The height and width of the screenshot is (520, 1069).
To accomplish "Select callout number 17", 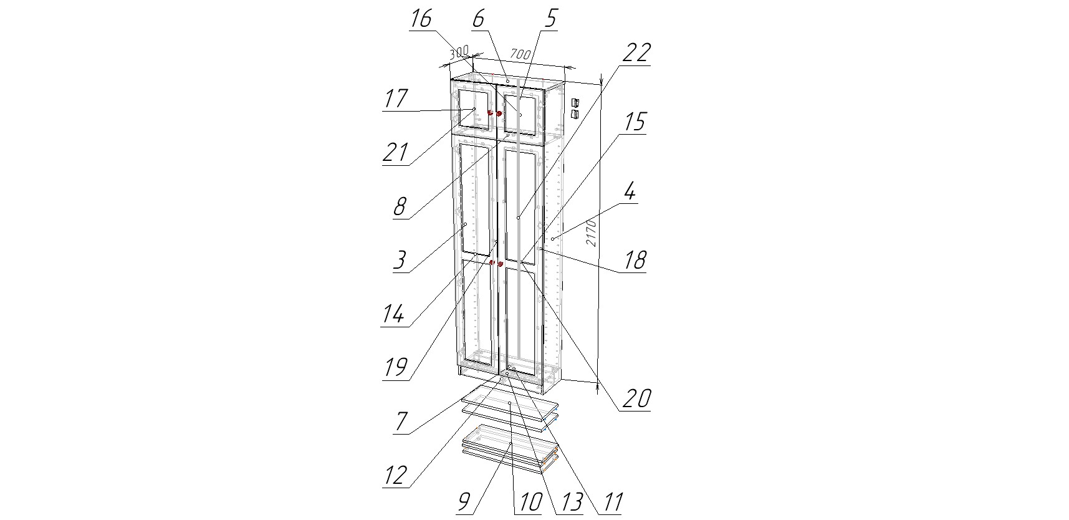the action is tap(396, 99).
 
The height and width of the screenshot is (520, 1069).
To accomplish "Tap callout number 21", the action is tap(396, 152).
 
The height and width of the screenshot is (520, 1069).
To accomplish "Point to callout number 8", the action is tap(400, 206).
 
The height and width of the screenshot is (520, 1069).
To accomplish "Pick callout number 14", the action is tap(393, 314).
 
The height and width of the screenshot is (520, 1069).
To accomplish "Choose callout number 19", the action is tap(396, 367).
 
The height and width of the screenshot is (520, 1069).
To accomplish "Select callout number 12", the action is tap(396, 475).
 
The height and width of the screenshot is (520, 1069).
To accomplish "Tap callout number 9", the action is tap(464, 502).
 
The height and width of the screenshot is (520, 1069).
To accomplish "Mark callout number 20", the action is tap(637, 398).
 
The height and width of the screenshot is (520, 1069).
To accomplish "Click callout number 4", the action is tap(630, 191).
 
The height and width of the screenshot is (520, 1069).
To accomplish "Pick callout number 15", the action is tap(633, 122).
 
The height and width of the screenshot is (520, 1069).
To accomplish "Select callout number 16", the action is tap(421, 19).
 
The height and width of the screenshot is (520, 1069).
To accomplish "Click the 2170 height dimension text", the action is tap(592, 232).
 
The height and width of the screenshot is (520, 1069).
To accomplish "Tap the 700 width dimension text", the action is tap(520, 54).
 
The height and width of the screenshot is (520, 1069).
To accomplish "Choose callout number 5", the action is tap(550, 19).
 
